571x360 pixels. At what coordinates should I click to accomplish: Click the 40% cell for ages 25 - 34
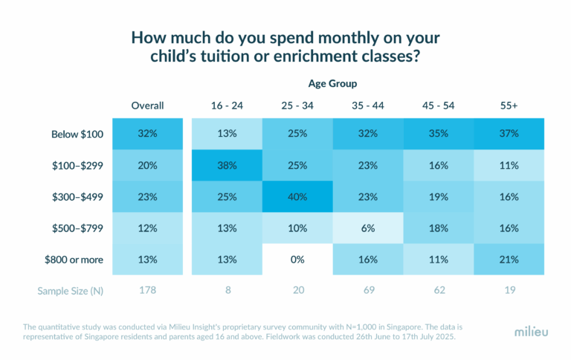297,198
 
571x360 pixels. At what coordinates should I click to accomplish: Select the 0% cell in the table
297,260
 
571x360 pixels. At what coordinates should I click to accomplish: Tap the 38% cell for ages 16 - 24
227,167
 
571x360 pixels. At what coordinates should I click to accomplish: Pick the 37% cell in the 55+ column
509,135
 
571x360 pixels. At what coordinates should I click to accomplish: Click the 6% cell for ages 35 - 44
368,229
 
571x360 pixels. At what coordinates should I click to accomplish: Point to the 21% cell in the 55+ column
509,260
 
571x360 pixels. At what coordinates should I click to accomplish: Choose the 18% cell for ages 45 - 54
439,229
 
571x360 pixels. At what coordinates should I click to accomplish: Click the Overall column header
147,106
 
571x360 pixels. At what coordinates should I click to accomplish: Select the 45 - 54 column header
439,106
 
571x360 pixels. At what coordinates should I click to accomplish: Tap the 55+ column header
509,106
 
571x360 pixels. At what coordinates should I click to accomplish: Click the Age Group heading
332,83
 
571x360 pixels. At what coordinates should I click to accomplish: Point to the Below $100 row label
77,135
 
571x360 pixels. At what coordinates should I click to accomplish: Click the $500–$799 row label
77,229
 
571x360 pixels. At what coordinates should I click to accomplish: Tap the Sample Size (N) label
71,291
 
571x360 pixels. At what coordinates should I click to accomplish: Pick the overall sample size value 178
147,291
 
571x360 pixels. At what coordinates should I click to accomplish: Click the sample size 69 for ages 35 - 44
368,291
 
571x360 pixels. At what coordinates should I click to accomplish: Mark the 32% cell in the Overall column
147,135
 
